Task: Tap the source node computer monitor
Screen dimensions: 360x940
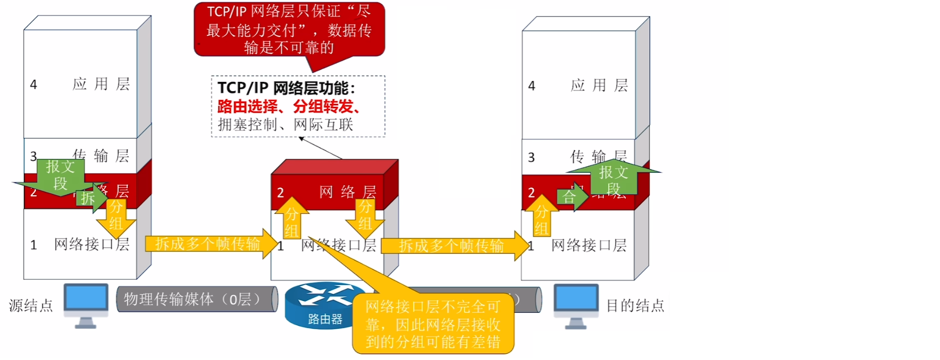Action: tap(86, 298)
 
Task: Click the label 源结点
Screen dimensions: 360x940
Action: tap(31, 306)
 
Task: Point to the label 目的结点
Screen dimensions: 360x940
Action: tap(635, 306)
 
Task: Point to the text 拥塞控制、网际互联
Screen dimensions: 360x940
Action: tap(285, 125)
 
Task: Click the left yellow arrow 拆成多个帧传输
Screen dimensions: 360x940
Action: tap(210, 243)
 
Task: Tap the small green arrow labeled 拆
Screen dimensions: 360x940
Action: tap(91, 198)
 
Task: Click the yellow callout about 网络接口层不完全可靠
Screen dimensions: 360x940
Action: tap(433, 323)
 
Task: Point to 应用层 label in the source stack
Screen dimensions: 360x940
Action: tap(101, 84)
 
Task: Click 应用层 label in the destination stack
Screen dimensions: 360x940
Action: tap(599, 86)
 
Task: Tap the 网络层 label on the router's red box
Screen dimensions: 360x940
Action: tap(347, 192)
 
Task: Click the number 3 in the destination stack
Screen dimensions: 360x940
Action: tap(531, 158)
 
